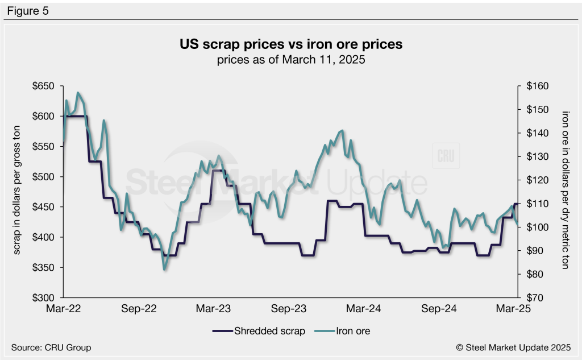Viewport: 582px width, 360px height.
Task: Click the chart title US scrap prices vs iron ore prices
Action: point(290,44)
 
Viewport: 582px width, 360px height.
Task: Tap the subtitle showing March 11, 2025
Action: point(290,59)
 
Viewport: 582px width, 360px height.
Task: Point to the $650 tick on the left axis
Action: point(44,86)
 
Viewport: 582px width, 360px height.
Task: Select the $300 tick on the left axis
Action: point(44,297)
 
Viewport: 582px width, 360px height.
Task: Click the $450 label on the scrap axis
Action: point(44,207)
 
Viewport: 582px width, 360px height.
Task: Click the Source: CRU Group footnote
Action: point(51,347)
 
